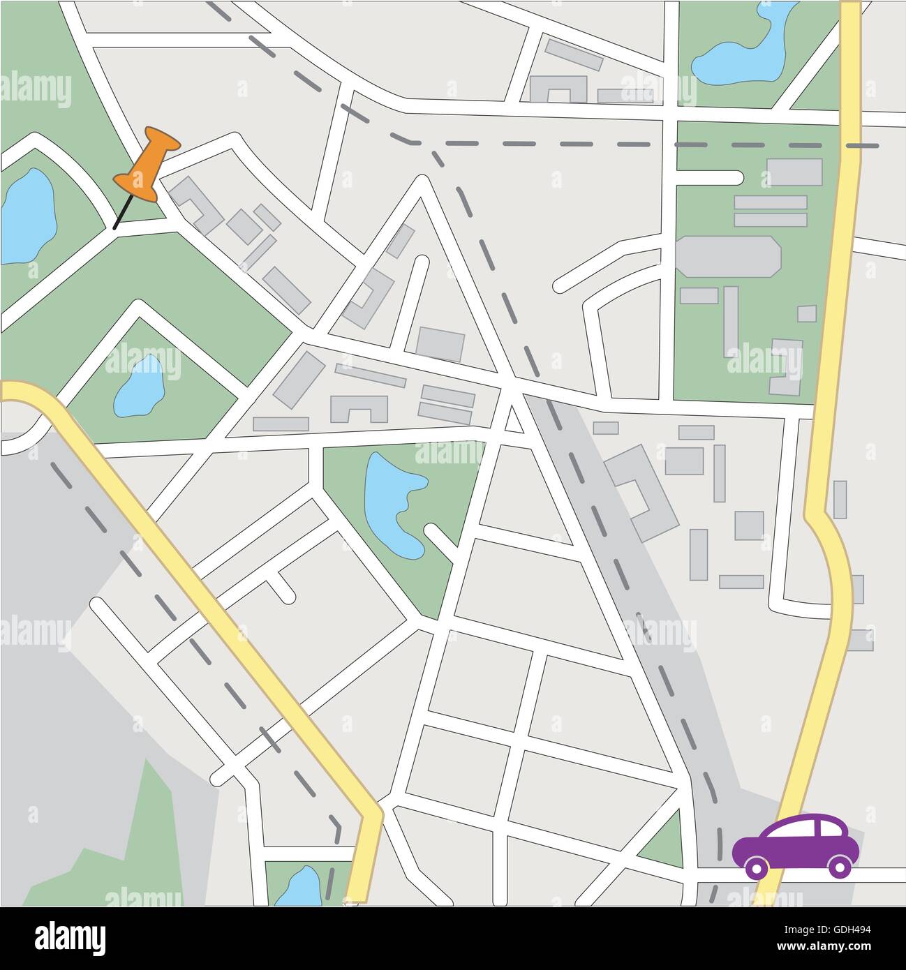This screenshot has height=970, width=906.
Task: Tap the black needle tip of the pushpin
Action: tap(115, 227)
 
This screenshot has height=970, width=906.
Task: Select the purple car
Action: tap(796, 845)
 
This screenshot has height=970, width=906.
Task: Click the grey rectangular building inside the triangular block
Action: tap(440, 343)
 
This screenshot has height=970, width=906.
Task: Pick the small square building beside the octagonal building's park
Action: tap(807, 313)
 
